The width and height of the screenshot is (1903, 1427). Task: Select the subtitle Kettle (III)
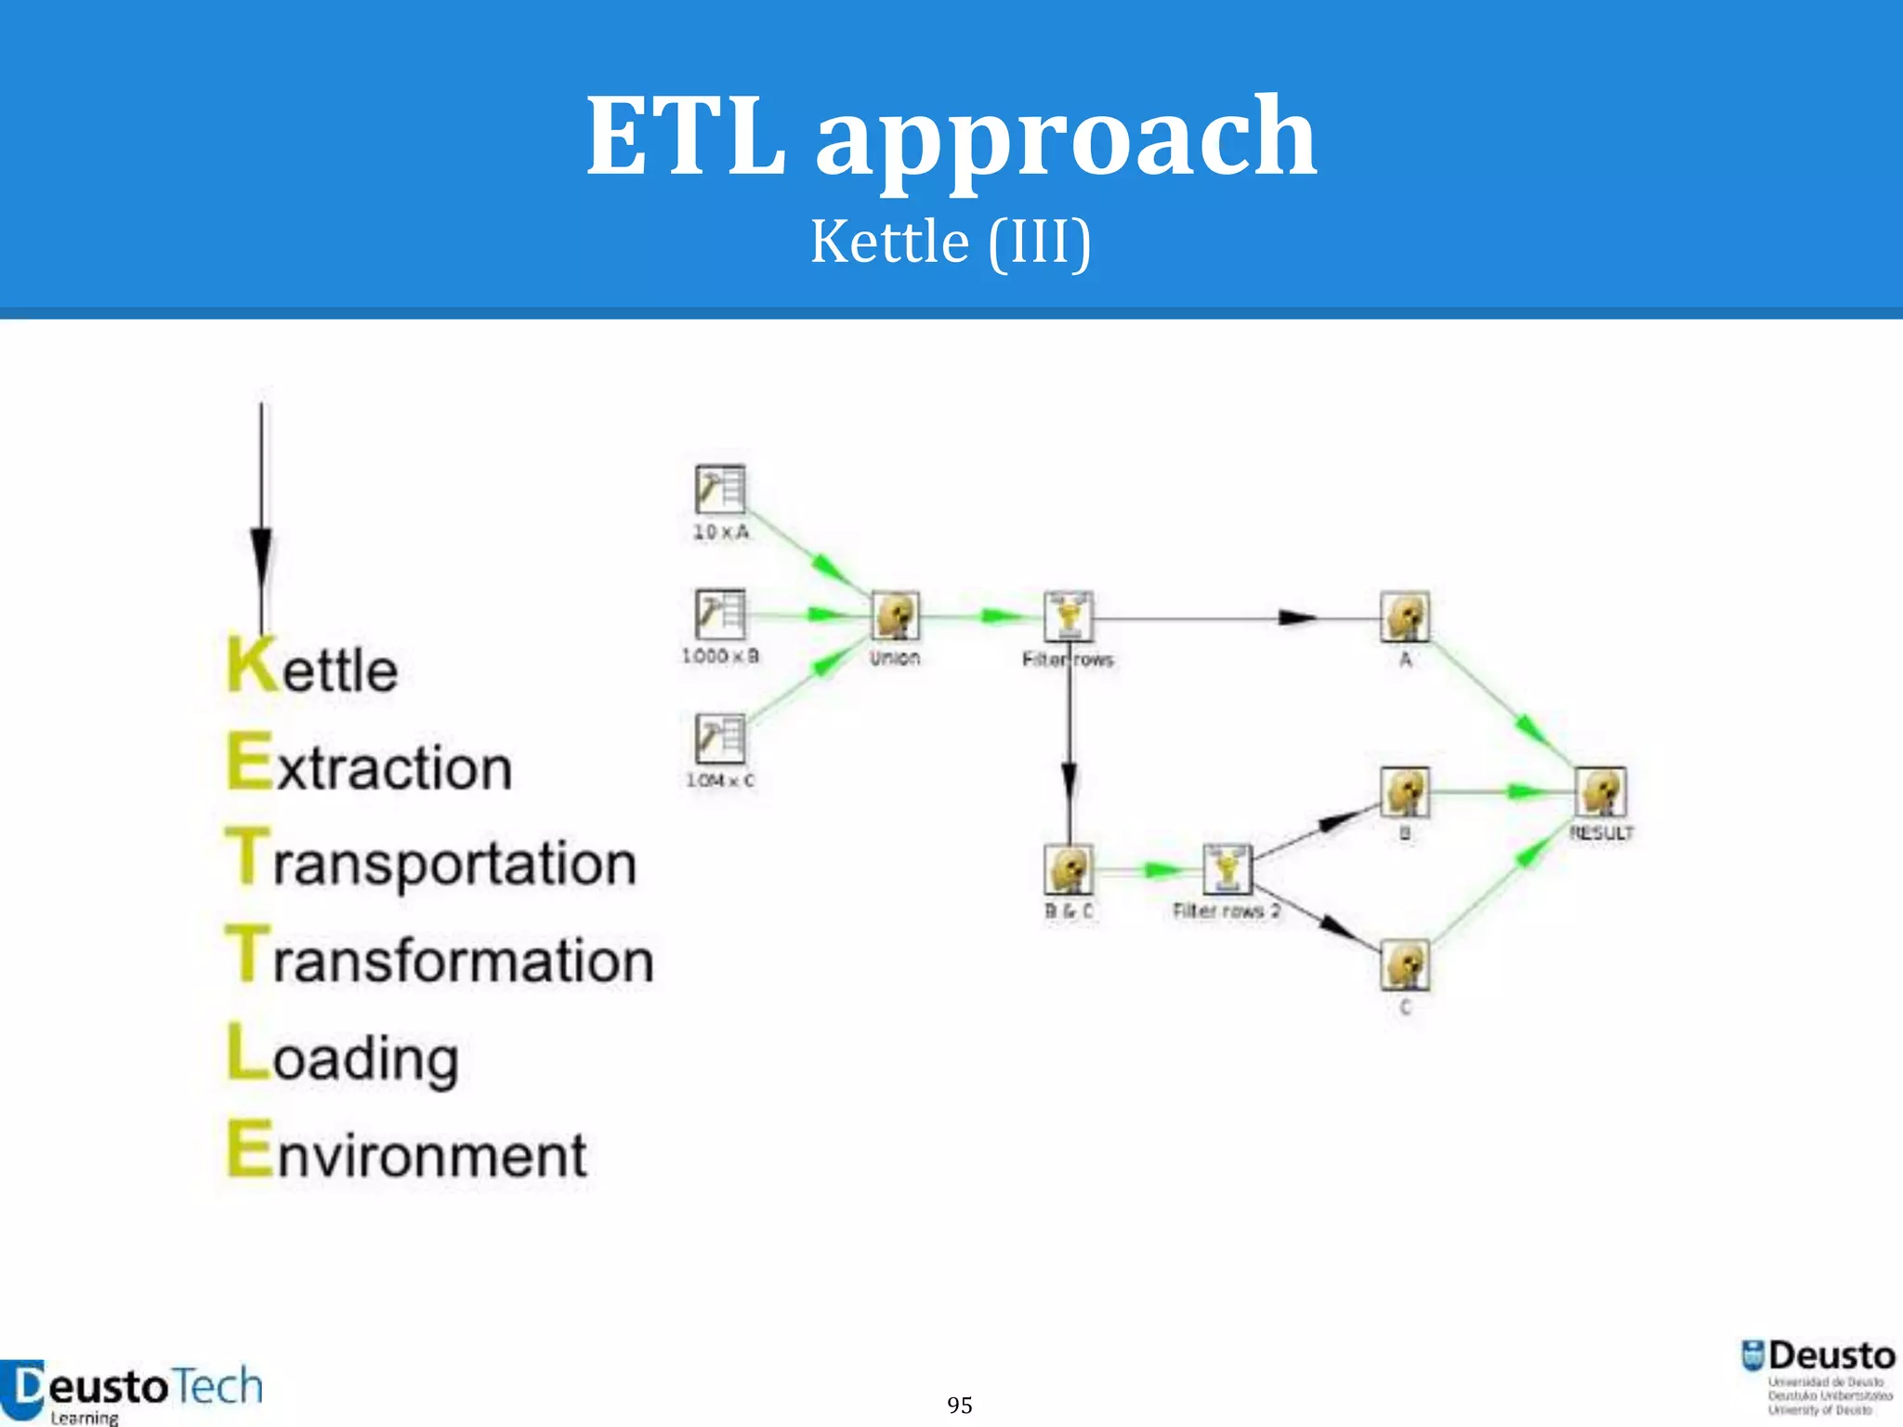951,242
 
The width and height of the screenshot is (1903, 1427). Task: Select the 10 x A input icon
720,490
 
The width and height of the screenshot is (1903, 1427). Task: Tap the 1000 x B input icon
720,614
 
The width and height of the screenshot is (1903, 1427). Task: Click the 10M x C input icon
720,739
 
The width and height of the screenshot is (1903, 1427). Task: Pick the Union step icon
896,616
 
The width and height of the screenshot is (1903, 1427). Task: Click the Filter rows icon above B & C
1069,616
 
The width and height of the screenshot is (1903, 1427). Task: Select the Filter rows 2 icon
1227,870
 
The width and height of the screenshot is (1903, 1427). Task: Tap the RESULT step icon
1601,792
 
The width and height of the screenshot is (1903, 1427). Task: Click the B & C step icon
1069,870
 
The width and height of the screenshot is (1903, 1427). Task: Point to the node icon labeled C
1405,965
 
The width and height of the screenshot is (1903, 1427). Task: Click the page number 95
960,1405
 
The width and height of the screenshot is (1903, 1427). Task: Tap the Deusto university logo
1818,1376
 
